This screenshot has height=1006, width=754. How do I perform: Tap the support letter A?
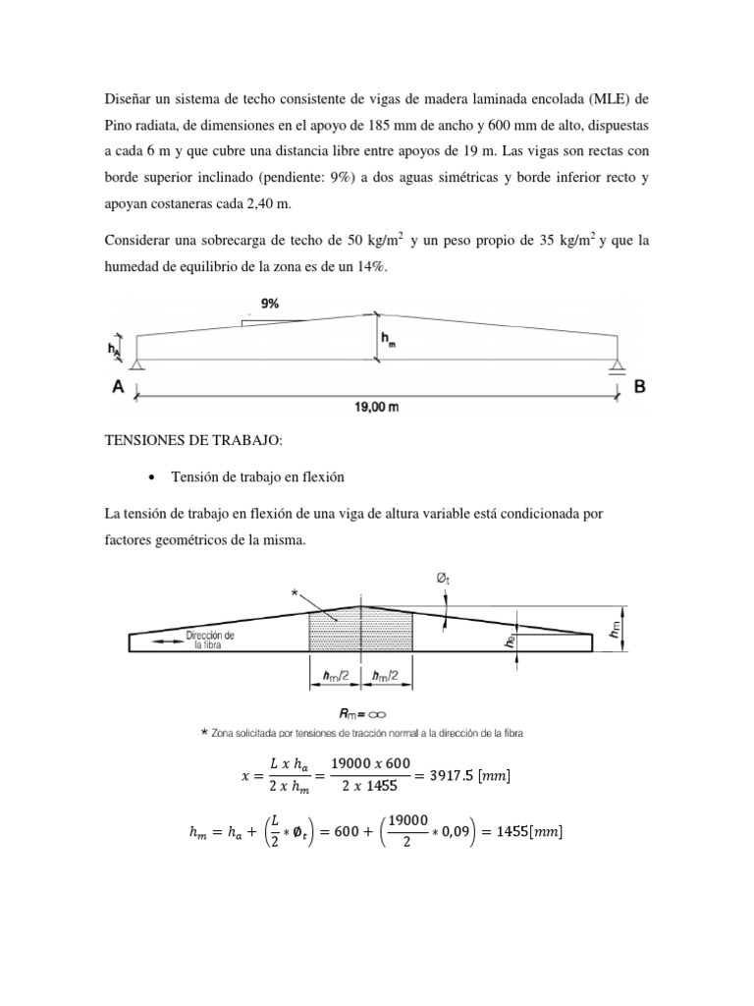click(x=117, y=387)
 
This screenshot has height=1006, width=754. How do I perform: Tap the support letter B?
click(x=640, y=387)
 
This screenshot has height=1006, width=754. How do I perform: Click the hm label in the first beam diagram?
click(x=389, y=341)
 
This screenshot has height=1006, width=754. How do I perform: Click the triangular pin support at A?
click(x=135, y=366)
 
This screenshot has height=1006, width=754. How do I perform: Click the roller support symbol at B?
click(x=618, y=367)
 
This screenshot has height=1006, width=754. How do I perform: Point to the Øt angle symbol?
click(x=443, y=580)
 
